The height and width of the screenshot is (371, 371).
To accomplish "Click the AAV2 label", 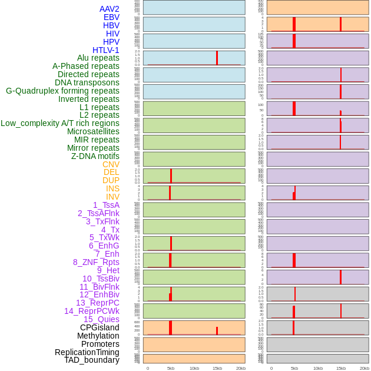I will pyautogui.click(x=109, y=9).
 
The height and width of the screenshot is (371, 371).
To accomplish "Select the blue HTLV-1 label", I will pyautogui.click(x=105, y=50).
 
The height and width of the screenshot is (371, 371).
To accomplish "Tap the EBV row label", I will pyautogui.click(x=111, y=17).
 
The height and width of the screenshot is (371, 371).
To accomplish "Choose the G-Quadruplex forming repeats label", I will pyautogui.click(x=62, y=91).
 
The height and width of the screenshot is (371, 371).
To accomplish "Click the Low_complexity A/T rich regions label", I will pyautogui.click(x=60, y=123).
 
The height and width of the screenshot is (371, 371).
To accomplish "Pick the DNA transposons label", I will pyautogui.click(x=87, y=82).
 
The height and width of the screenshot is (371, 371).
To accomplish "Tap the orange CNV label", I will pyautogui.click(x=111, y=164).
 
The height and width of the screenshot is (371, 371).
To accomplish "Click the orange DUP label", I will pyautogui.click(x=111, y=180).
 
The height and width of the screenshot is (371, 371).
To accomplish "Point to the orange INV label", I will pyautogui.click(x=112, y=197).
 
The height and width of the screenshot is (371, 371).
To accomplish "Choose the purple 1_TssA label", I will pyautogui.click(x=106, y=205).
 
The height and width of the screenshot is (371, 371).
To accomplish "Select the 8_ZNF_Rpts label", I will pyautogui.click(x=96, y=262).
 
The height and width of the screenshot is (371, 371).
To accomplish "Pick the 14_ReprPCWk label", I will pyautogui.click(x=92, y=311).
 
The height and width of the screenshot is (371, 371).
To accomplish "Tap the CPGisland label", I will pyautogui.click(x=100, y=327).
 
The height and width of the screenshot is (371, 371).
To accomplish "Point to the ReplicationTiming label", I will pyautogui.click(x=87, y=352).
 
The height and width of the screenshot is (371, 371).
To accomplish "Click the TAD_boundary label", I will pyautogui.click(x=92, y=360).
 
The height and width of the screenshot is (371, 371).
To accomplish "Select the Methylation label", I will pyautogui.click(x=98, y=336).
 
